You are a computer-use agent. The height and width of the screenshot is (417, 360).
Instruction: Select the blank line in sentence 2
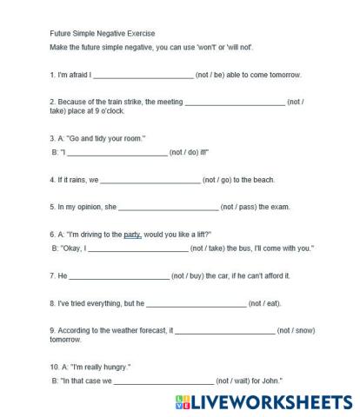(x=235, y=103)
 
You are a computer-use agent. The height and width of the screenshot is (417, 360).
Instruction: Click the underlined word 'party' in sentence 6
(x=132, y=235)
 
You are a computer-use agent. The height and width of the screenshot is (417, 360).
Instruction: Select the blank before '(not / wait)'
(x=163, y=381)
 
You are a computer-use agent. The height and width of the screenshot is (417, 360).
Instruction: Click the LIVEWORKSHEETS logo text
(x=261, y=402)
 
